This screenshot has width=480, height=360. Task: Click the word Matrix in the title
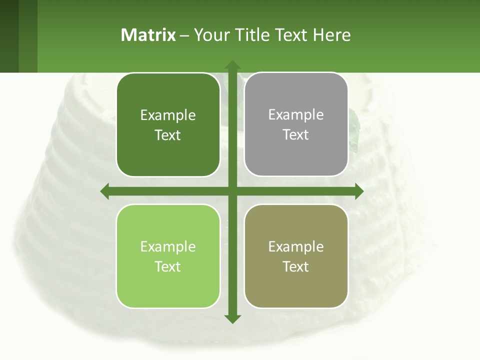(x=148, y=35)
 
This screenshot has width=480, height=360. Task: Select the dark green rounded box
(x=168, y=125)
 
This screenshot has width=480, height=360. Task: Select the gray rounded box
(x=296, y=124)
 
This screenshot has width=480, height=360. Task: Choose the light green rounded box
(x=168, y=256)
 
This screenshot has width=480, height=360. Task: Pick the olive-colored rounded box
(x=296, y=256)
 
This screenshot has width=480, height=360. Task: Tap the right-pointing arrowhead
(x=359, y=191)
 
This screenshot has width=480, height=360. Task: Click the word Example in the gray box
(x=296, y=114)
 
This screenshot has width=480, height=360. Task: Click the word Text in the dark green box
(x=167, y=135)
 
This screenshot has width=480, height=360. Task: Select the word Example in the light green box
(x=168, y=246)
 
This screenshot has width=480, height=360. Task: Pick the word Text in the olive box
(x=296, y=266)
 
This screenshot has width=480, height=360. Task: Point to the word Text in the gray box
(x=296, y=135)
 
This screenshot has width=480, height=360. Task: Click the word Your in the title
(x=209, y=35)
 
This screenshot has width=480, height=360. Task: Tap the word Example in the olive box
(x=296, y=246)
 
